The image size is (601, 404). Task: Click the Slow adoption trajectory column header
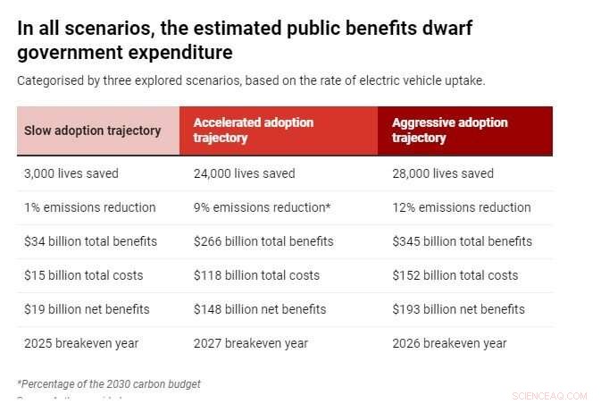click(93, 130)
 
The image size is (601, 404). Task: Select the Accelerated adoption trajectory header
click(253, 130)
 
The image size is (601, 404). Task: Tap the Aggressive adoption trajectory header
click(449, 130)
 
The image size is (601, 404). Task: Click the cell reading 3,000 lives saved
click(71, 173)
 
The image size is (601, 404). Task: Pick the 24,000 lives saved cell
click(244, 173)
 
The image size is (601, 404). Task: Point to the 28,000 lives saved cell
click(443, 173)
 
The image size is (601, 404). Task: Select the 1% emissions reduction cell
click(89, 207)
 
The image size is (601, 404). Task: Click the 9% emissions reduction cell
click(262, 207)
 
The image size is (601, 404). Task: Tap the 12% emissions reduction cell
click(461, 207)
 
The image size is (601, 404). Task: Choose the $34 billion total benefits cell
click(90, 241)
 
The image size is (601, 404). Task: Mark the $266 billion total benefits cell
click(263, 241)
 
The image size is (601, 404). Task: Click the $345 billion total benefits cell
click(462, 241)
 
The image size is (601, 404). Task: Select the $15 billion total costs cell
click(83, 275)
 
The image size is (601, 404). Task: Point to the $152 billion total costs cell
click(455, 275)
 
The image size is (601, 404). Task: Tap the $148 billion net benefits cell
click(260, 309)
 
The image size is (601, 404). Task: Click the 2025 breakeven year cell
click(80, 343)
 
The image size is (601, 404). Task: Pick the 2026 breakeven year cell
click(449, 343)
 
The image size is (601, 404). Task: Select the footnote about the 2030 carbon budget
click(109, 383)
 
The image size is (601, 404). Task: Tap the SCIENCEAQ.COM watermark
click(551, 394)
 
